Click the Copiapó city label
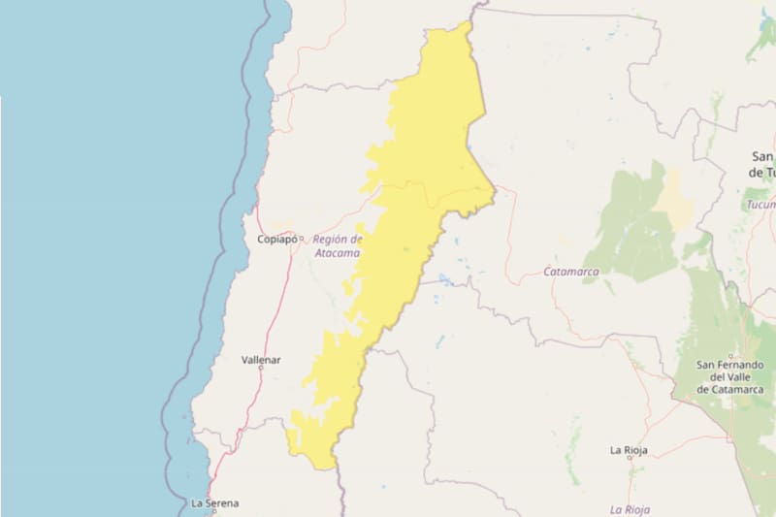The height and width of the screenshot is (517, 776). pos(276,239)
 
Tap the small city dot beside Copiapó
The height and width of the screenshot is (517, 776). pos(301,238)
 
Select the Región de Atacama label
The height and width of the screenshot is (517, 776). pos(338,245)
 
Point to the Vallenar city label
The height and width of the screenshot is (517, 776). pos(261,360)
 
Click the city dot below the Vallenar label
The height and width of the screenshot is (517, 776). pos(261,369)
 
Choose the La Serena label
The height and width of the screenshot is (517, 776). pos(214,502)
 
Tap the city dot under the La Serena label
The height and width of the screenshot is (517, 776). pos(214,511)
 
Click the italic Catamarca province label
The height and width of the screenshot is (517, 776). pos(570,272)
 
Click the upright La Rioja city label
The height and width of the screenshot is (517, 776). pos(629,450)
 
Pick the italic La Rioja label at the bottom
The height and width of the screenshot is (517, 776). pos(630,509)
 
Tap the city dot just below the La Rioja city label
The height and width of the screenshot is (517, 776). pos(629,460)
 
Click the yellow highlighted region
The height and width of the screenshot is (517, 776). pos(417,194)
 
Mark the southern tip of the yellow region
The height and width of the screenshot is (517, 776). pos(326,467)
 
